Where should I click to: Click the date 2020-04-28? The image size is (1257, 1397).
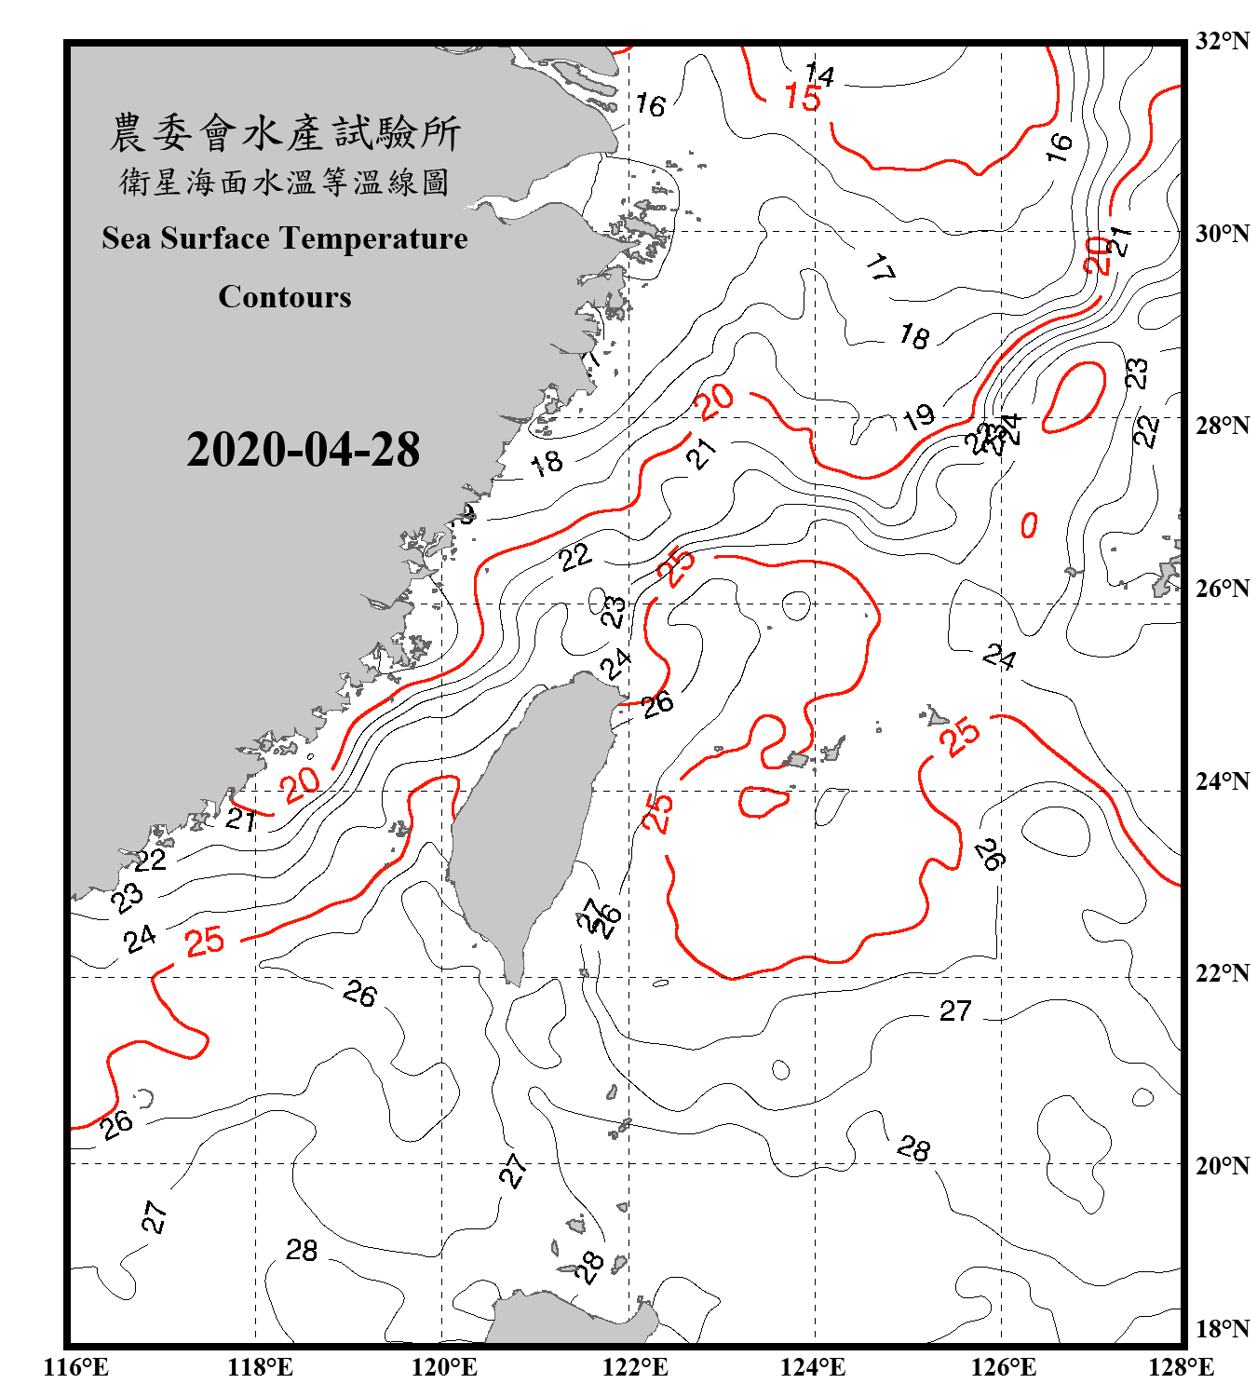(x=303, y=450)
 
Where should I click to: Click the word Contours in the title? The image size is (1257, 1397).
(x=285, y=297)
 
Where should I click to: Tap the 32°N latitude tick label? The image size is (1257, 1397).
(x=1222, y=41)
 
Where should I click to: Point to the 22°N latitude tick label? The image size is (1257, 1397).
(x=1222, y=973)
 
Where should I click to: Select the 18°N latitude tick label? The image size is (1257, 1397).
(x=1222, y=1329)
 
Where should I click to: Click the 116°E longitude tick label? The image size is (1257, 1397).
(x=75, y=1367)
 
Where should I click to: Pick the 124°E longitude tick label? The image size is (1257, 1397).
(x=813, y=1367)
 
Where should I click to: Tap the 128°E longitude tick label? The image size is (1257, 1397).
(x=1181, y=1367)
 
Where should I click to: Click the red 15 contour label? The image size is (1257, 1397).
(x=803, y=98)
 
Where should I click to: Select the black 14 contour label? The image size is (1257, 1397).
(x=819, y=74)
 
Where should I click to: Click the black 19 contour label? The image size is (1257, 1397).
(x=919, y=416)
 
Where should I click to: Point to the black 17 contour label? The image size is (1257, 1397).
(x=880, y=268)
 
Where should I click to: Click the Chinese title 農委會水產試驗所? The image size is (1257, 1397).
(x=285, y=133)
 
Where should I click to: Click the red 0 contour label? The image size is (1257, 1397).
(x=1029, y=525)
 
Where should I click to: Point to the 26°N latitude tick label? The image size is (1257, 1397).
(x=1222, y=589)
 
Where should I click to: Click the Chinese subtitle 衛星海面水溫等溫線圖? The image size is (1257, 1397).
(x=285, y=183)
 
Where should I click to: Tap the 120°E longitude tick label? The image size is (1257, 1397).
(x=444, y=1367)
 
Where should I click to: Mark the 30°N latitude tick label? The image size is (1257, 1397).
(x=1222, y=234)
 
